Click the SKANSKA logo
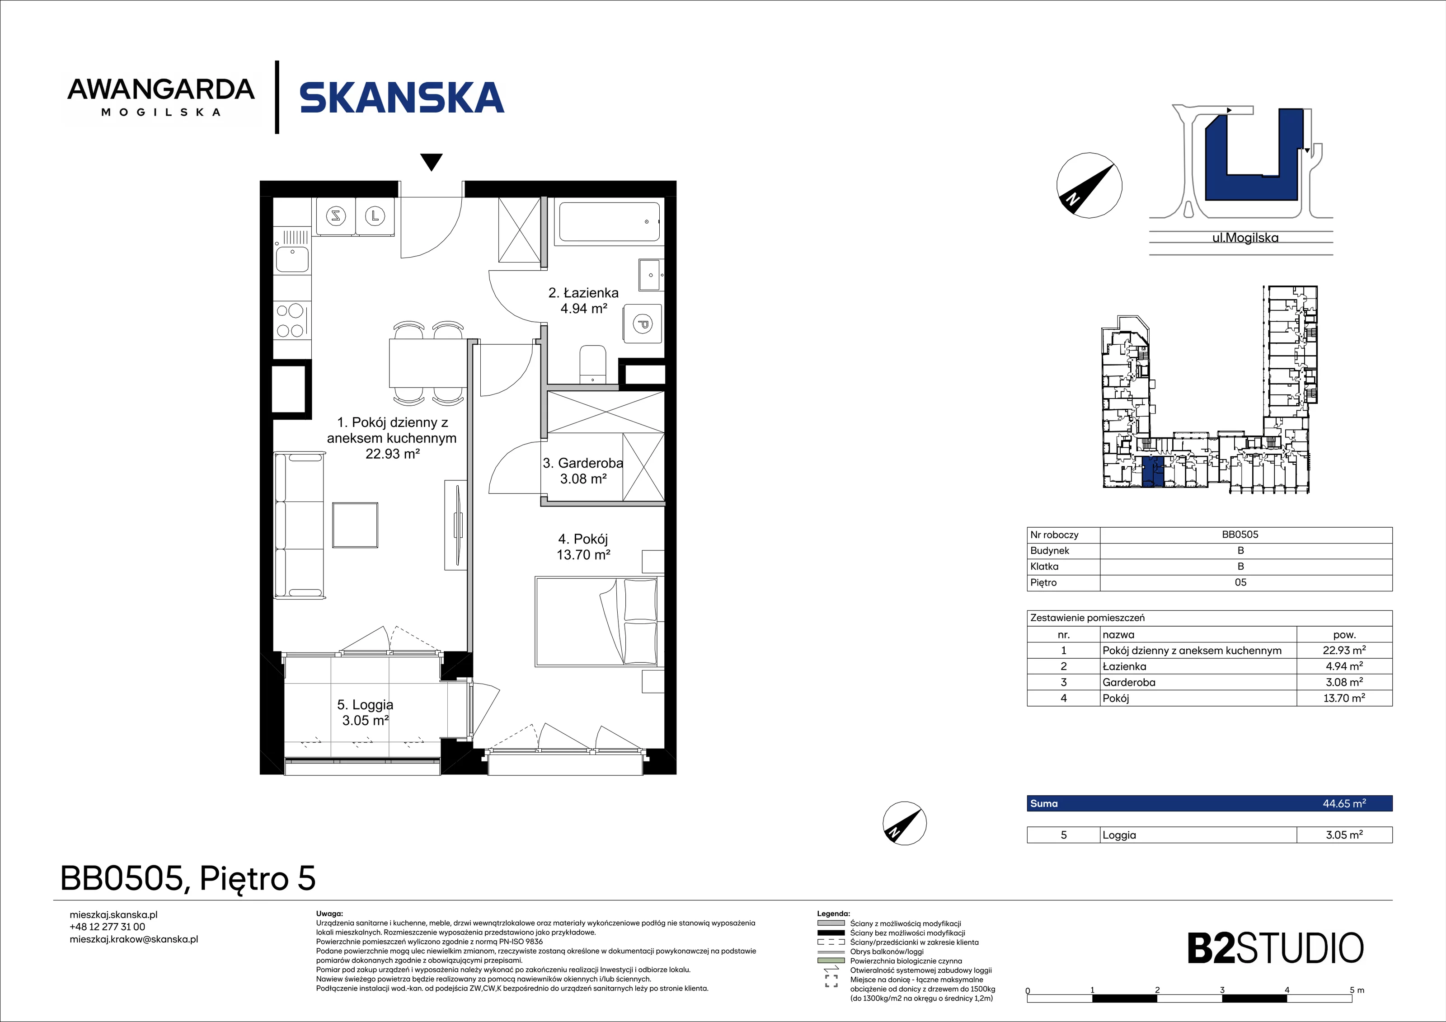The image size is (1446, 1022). (402, 98)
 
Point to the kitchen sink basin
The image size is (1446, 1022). (292, 259)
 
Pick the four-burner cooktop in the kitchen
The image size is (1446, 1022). (291, 320)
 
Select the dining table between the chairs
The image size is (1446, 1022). (427, 363)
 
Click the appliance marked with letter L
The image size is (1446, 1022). (376, 216)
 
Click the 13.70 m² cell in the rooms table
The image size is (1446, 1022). (1345, 698)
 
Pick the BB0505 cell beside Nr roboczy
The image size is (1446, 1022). (1240, 534)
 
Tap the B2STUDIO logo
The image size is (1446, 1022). (1275, 948)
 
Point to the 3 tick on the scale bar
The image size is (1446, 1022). (1222, 990)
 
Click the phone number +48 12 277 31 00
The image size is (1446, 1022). (108, 927)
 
